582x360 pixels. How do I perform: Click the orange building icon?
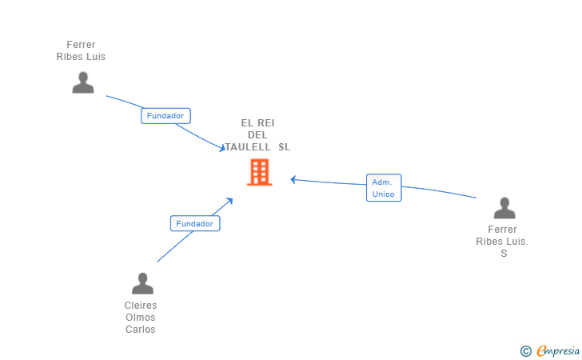click(x=260, y=172)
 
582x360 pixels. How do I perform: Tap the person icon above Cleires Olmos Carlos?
click(x=142, y=283)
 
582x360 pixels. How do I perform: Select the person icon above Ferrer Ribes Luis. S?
click(x=504, y=208)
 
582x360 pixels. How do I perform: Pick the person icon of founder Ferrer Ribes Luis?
click(x=83, y=82)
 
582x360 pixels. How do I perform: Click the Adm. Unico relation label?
click(x=384, y=188)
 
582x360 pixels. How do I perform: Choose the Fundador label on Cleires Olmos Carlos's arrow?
click(x=195, y=224)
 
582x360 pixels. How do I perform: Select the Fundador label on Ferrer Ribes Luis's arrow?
click(x=165, y=116)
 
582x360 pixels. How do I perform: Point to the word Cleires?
click(x=141, y=306)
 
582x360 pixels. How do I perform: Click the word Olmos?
click(x=141, y=318)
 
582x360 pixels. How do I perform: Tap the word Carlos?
click(x=141, y=330)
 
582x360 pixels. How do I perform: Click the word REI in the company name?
click(x=266, y=123)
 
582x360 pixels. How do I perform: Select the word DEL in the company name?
click(x=258, y=135)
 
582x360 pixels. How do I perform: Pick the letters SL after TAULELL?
click(x=285, y=147)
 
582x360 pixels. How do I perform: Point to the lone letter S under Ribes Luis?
click(x=504, y=254)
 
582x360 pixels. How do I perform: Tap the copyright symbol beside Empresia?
click(x=525, y=350)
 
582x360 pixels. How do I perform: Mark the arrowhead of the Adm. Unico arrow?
click(x=293, y=179)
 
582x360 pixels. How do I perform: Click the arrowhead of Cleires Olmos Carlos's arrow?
click(x=230, y=200)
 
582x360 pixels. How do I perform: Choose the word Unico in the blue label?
click(x=384, y=194)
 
